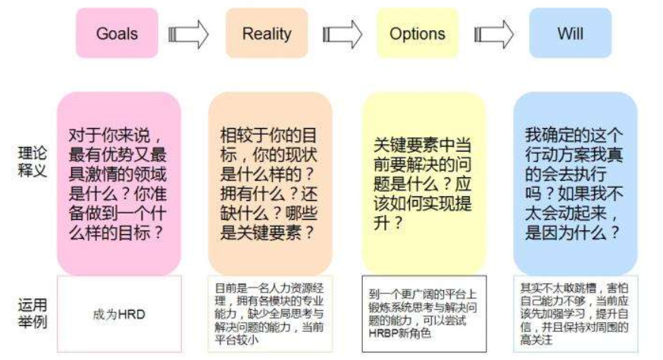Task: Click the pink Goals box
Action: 117,33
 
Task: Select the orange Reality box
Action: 266,33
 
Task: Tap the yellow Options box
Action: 417,33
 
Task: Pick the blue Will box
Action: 570,33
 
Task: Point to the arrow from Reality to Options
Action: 342,34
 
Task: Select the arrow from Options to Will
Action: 494,34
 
